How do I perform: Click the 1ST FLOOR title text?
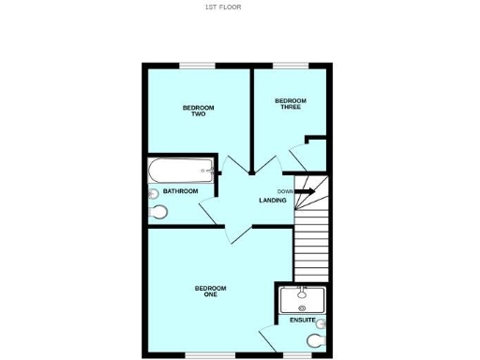click(x=223, y=7)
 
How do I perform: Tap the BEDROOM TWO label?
click(x=198, y=111)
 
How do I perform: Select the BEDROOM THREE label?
click(x=290, y=103)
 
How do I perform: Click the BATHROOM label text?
click(x=181, y=191)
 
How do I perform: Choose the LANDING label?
click(x=273, y=201)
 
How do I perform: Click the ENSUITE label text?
click(x=303, y=321)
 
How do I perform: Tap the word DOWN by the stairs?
click(x=285, y=191)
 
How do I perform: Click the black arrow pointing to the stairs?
click(x=305, y=191)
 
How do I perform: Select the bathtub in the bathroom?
click(x=182, y=171)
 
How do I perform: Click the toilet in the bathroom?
click(x=157, y=213)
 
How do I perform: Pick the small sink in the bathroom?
click(x=153, y=193)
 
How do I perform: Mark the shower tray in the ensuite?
click(x=302, y=299)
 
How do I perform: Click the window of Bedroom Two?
click(x=198, y=66)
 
